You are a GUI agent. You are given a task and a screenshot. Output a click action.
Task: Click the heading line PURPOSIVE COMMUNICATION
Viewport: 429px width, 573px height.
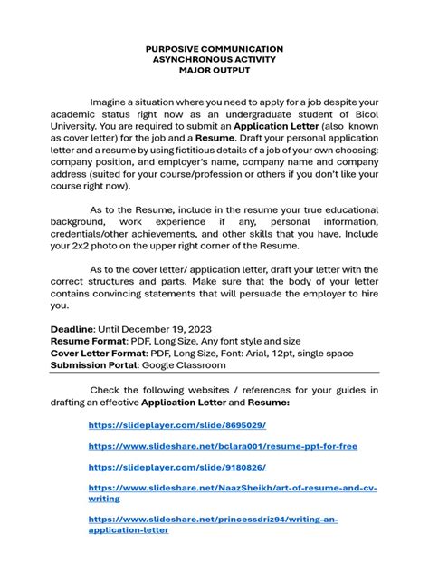pos(214,49)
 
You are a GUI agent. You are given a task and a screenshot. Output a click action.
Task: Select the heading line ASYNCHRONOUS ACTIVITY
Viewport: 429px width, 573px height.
pos(214,60)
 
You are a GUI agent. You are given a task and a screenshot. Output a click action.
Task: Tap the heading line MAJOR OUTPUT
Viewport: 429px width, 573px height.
pos(214,71)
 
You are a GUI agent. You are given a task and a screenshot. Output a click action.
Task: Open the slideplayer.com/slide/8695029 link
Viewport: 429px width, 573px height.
pos(176,424)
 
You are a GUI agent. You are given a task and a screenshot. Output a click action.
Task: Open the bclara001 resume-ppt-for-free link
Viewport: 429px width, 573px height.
pos(223,446)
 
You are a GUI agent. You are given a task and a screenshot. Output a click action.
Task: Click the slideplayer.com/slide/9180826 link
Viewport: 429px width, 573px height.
pos(176,467)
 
